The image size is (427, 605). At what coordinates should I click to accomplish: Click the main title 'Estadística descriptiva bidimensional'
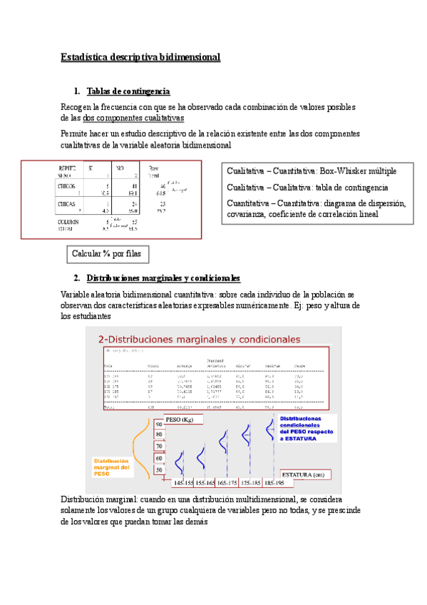coord(140,56)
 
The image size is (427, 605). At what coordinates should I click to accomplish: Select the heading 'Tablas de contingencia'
coord(128,91)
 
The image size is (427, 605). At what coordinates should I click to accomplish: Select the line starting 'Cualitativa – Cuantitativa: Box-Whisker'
coord(312,171)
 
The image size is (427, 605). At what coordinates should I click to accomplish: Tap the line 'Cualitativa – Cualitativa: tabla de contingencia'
coord(307,187)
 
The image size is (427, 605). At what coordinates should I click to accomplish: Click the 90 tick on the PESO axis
coord(160,424)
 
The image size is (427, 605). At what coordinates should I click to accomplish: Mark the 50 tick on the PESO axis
coord(160,471)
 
